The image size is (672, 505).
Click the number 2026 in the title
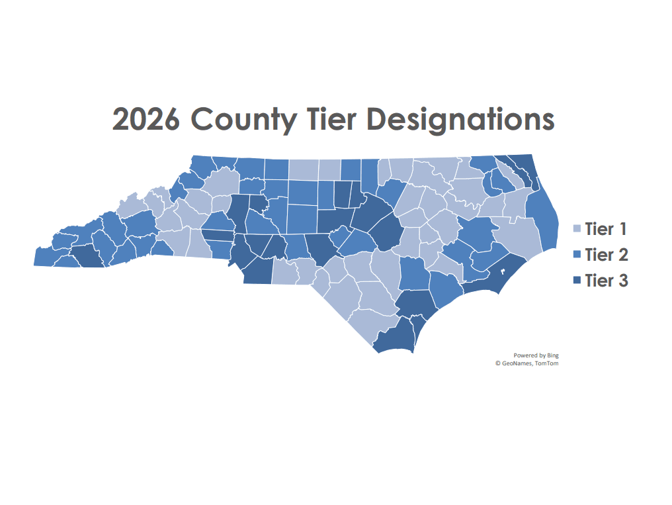point(146,120)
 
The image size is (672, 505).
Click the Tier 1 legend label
point(606,230)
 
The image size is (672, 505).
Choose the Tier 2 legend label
point(606,255)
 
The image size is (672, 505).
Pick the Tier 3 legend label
point(606,281)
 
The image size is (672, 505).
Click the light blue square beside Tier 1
point(576,229)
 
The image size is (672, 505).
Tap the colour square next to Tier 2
point(576,255)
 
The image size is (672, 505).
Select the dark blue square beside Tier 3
point(576,281)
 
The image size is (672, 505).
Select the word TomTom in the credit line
point(546,363)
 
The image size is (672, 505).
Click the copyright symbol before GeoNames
point(497,363)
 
